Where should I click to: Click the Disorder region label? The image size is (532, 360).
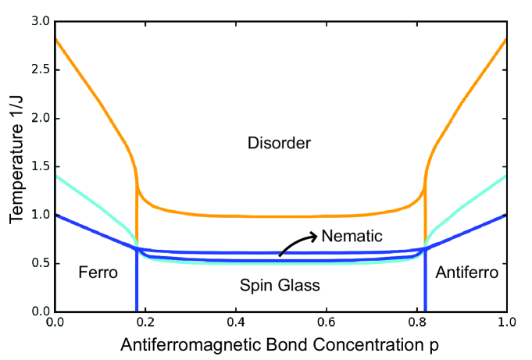tap(279, 144)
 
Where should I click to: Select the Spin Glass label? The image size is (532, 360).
tap(279, 285)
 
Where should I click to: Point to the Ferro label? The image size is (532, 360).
tap(98, 273)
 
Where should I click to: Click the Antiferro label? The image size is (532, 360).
tap(466, 273)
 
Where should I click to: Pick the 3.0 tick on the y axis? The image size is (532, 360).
tap(39, 21)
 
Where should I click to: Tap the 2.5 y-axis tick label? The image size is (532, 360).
tap(39, 70)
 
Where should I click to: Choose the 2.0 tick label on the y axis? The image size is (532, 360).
tap(39, 118)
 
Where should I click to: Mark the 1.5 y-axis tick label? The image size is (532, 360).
tap(39, 166)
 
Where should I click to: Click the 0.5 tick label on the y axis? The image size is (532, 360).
tap(39, 263)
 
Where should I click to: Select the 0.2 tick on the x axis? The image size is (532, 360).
tap(145, 322)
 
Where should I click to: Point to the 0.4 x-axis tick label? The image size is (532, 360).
tap(235, 322)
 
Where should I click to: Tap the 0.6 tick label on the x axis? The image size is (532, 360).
tap(326, 322)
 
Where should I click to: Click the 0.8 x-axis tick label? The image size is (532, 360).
tap(416, 322)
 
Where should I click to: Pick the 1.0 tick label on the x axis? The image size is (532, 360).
tap(506, 322)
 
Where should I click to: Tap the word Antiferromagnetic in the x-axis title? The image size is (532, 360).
tap(192, 343)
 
